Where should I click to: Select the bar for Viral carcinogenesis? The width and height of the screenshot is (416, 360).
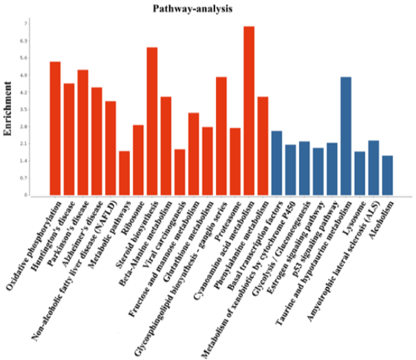pos(179,172)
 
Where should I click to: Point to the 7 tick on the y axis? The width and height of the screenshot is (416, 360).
pos(25,23)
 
